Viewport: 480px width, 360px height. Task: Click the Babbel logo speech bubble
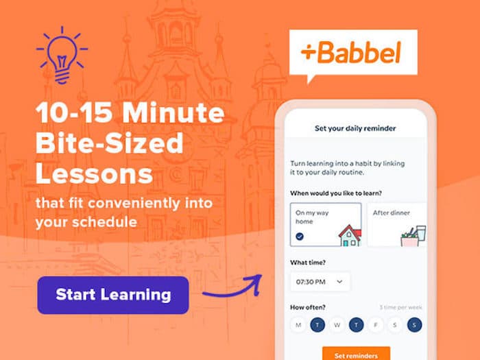pos(352,53)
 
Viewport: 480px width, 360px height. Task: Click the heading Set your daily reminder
pos(355,128)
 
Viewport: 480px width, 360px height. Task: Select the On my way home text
pos(312,217)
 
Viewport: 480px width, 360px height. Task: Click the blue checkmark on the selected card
pos(300,237)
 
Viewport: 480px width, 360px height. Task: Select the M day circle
pos(298,325)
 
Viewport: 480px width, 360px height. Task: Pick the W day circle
pos(337,325)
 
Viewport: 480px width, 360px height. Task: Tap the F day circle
pos(375,325)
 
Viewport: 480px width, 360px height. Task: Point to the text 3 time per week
pos(400,307)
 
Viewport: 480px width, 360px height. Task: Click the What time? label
pos(308,262)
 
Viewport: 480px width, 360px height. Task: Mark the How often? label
pos(308,307)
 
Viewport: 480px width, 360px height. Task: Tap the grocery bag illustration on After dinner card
pos(412,236)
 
